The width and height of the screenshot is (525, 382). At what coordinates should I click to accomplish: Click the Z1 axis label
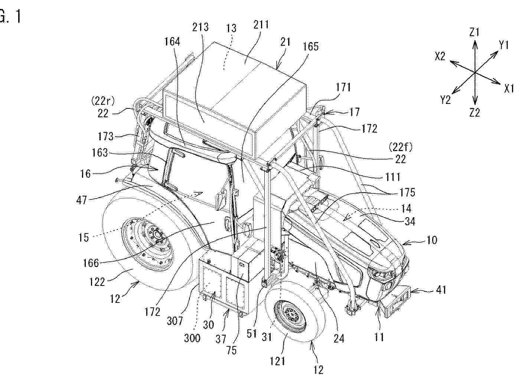click(x=475, y=32)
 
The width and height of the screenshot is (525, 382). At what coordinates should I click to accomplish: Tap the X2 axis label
click(x=440, y=56)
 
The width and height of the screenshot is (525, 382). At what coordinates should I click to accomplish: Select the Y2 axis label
click(x=445, y=100)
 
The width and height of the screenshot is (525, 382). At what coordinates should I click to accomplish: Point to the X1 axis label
click(x=509, y=89)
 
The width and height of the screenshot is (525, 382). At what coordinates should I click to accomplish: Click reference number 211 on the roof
click(x=261, y=25)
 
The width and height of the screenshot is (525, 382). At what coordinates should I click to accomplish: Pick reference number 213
click(x=200, y=27)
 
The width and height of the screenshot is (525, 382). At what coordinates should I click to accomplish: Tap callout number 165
click(x=310, y=46)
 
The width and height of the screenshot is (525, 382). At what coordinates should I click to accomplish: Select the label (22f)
click(x=400, y=147)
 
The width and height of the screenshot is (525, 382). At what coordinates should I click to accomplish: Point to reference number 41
click(x=441, y=290)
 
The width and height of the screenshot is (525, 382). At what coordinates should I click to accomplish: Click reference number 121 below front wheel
click(x=277, y=361)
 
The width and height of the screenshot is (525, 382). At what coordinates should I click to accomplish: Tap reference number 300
click(x=192, y=338)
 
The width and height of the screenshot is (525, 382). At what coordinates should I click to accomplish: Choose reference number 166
click(x=91, y=263)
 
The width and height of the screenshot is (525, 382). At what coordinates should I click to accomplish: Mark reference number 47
click(x=82, y=200)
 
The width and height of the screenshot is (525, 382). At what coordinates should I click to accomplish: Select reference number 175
click(x=407, y=193)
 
